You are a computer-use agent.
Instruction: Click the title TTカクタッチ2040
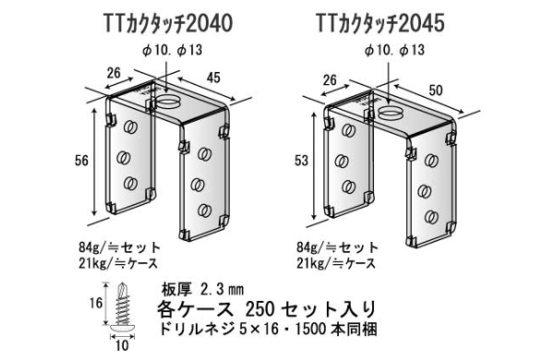(x=168, y=24)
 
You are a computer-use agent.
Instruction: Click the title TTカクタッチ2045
(x=379, y=24)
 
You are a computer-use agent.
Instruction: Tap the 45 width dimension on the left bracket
(x=212, y=78)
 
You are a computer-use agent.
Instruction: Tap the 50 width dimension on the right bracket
(x=435, y=90)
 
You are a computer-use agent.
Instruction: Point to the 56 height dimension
(x=81, y=161)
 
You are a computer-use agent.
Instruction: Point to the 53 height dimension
(x=301, y=161)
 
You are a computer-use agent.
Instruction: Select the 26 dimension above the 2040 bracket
(x=114, y=73)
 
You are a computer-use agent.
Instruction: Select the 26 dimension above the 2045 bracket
(x=330, y=80)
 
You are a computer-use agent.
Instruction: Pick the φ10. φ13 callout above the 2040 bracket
(x=173, y=50)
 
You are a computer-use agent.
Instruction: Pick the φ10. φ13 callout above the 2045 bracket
(x=394, y=50)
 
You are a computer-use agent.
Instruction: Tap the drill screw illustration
(x=122, y=307)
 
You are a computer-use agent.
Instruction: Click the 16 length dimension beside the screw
(x=95, y=303)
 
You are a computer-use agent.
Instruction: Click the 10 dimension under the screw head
(x=122, y=345)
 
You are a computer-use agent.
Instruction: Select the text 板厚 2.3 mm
(x=202, y=290)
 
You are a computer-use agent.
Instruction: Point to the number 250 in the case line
(x=259, y=309)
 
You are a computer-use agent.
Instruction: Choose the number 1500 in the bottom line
(x=310, y=330)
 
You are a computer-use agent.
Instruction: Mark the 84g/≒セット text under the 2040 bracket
(x=119, y=247)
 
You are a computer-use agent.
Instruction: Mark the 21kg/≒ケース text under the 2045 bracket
(x=336, y=263)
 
